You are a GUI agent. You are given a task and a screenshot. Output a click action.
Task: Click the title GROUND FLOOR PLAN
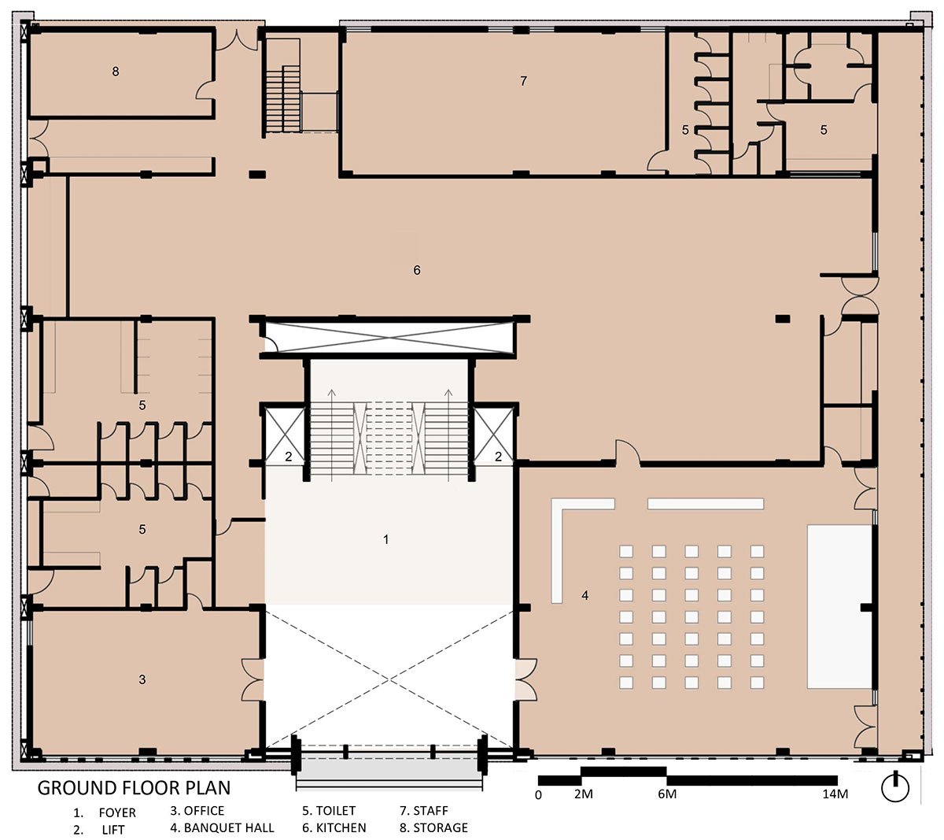(134, 788)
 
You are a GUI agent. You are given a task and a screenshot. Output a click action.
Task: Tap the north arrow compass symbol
(895, 788)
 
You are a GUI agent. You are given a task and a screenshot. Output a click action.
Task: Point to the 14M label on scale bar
(835, 794)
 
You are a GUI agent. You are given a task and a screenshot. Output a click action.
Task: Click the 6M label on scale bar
(667, 794)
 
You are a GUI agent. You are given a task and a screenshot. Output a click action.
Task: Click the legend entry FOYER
(117, 812)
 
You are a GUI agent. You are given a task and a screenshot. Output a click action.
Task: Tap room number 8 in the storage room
(116, 72)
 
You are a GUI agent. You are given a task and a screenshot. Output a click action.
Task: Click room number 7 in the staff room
(523, 81)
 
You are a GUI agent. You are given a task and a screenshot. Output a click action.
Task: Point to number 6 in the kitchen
(417, 270)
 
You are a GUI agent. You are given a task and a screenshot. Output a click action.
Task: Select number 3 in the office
(142, 679)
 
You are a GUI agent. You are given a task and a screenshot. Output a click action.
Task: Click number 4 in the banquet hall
(584, 595)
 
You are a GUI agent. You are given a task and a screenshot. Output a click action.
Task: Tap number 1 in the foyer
(385, 539)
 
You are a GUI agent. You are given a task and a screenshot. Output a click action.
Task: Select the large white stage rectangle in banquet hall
(839, 607)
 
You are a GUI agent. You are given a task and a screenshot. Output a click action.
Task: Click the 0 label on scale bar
(538, 795)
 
